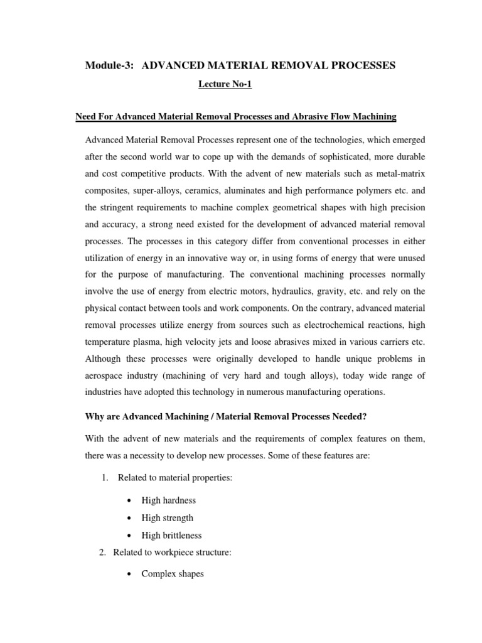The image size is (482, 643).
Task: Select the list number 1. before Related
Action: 105,478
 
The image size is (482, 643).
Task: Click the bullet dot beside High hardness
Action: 129,500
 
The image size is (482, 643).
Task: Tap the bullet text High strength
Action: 168,518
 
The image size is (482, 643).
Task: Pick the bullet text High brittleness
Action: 171,536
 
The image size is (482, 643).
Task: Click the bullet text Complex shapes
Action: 173,573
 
